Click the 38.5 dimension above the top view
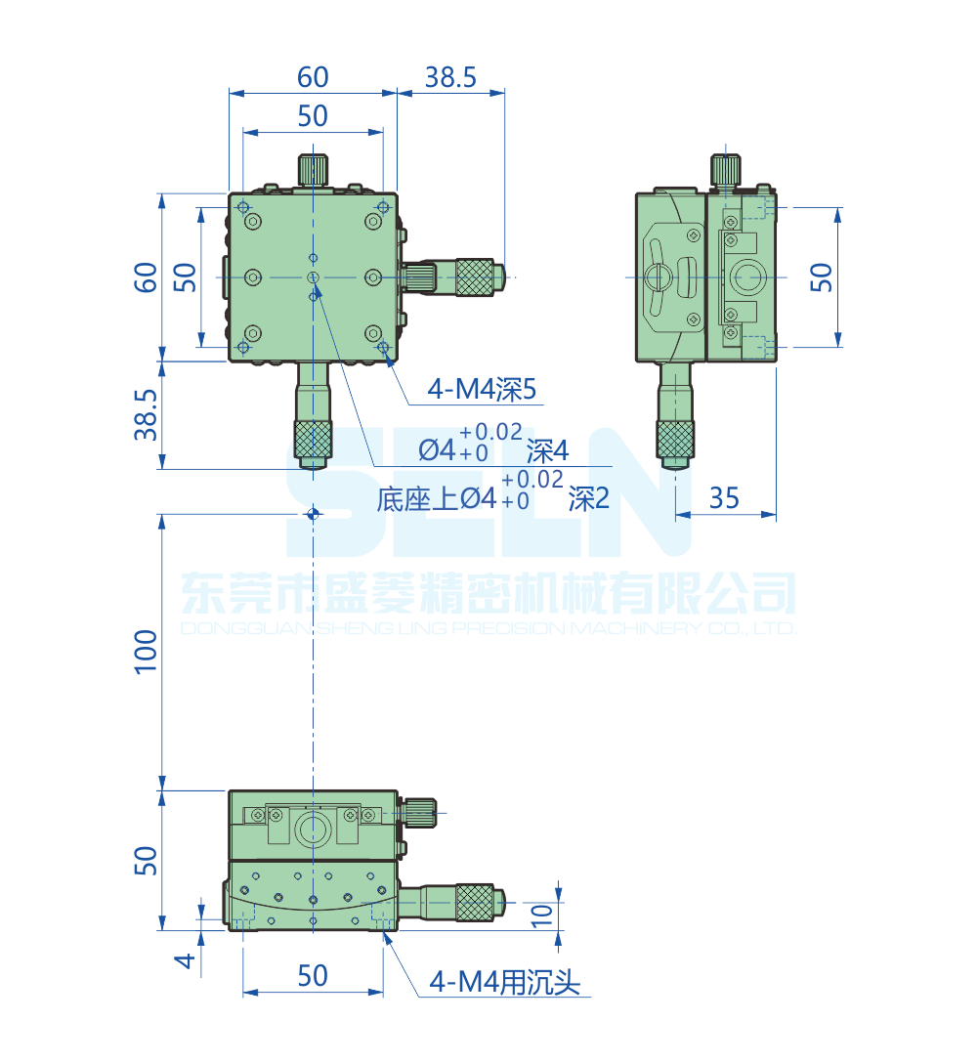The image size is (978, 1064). tap(450, 77)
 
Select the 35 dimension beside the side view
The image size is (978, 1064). tap(724, 498)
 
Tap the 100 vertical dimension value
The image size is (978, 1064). tap(146, 651)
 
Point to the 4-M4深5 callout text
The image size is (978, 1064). tap(483, 391)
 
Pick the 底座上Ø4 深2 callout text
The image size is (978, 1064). tap(492, 498)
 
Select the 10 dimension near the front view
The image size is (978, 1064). tap(543, 915)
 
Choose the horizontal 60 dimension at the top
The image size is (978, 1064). tap(313, 77)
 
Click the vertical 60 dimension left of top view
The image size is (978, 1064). tap(146, 277)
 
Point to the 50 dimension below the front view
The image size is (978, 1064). tap(313, 975)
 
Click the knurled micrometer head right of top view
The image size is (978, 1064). tap(475, 277)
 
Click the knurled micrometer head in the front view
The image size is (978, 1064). tap(475, 902)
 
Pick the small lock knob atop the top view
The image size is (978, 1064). tap(313, 169)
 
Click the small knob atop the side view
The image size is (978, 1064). tap(725, 170)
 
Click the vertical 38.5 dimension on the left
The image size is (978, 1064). tap(146, 414)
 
